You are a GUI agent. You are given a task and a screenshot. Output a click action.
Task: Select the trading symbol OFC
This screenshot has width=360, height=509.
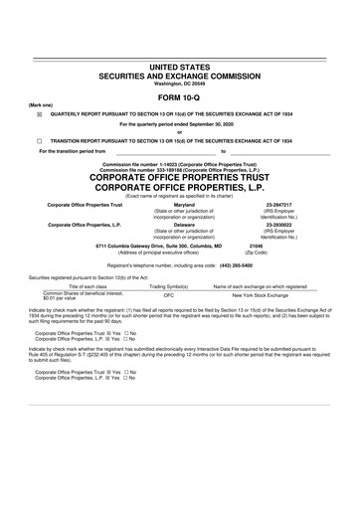[x=169, y=296]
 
